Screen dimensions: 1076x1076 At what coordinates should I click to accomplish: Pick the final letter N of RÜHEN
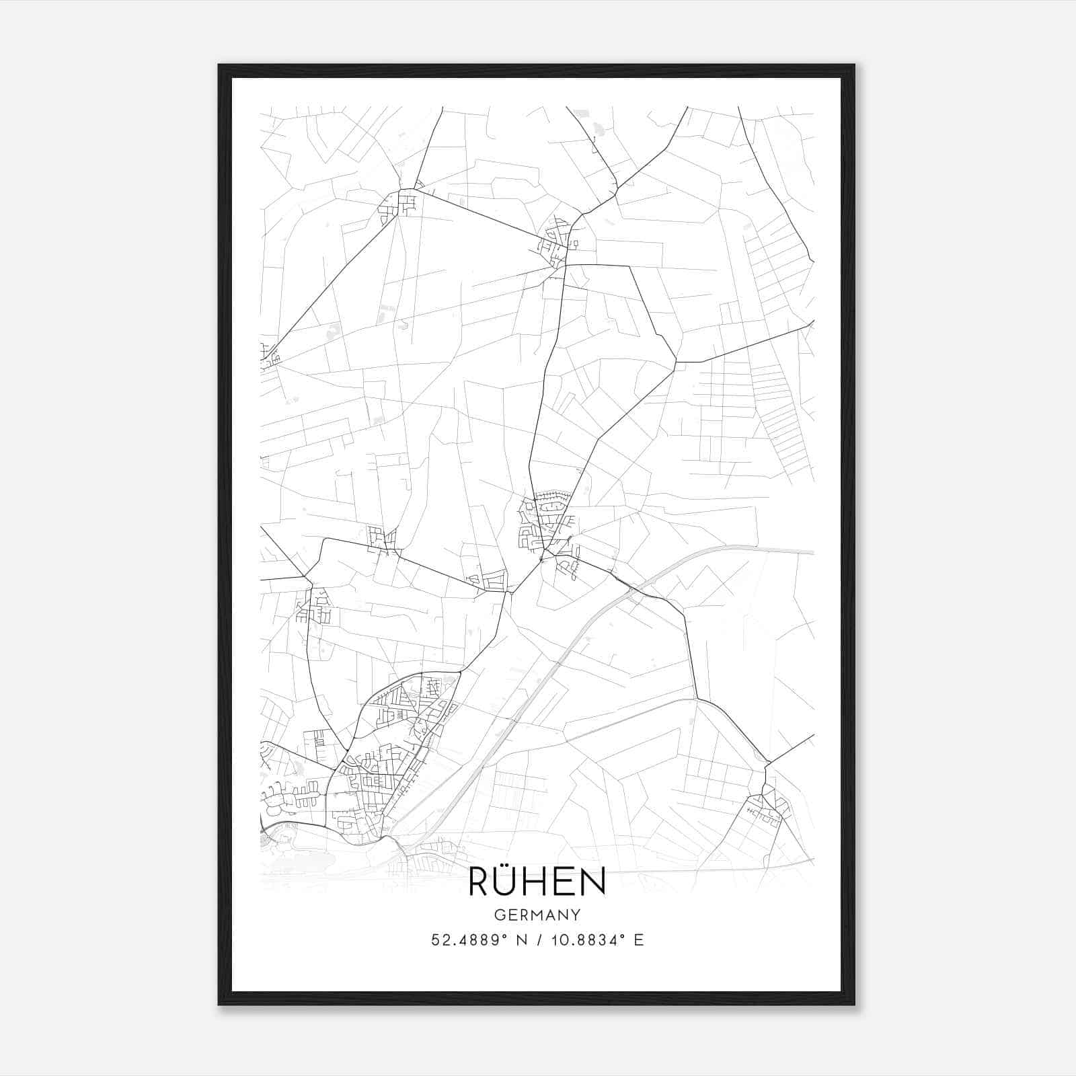coord(594,882)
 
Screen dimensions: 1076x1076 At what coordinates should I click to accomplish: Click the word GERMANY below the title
coord(537,915)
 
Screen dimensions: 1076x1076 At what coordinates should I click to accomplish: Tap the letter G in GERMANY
coord(499,915)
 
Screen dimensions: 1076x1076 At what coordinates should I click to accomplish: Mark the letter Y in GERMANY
coord(576,915)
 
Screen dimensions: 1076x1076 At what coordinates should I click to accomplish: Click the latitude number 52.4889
coord(463,940)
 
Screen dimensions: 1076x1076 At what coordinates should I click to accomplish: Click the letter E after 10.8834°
coord(639,940)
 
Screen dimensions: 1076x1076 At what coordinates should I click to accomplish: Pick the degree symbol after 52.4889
coord(500,935)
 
